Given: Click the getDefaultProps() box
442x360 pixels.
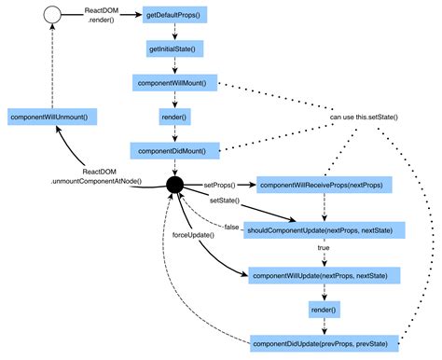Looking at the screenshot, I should [175, 17].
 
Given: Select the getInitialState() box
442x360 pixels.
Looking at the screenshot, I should [175, 48].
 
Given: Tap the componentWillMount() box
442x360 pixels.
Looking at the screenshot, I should [175, 82].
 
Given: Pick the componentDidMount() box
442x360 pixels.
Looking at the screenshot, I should [175, 149].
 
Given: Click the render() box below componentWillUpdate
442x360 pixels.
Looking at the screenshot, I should [324, 309].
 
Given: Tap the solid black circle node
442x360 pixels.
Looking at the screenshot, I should [175, 186].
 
